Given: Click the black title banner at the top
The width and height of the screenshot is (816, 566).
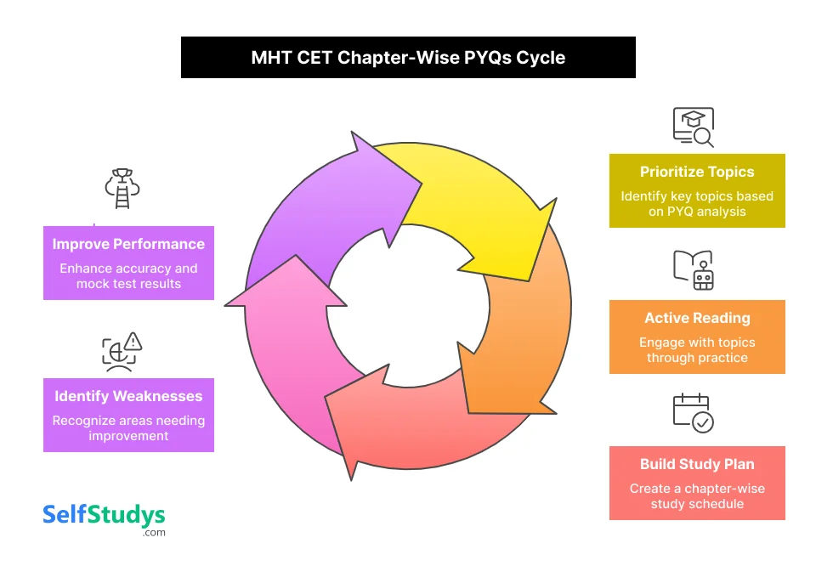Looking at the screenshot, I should tap(408, 58).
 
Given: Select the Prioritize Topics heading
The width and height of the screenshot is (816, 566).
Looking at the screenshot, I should tap(697, 172).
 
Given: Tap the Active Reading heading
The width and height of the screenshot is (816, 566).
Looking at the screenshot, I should tap(697, 318).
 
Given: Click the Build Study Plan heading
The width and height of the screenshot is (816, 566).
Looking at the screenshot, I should tap(697, 464).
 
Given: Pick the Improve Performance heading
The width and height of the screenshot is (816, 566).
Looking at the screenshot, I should tap(128, 244).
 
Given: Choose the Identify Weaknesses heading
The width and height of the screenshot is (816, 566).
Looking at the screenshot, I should tap(128, 396).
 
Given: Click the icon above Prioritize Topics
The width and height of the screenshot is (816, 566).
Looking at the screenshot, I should tap(694, 127).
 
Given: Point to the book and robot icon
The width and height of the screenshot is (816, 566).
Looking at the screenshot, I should tap(694, 269).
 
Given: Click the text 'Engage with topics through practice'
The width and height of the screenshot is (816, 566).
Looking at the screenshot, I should tap(697, 350).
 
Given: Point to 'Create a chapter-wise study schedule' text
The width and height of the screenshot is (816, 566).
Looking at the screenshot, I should tap(697, 496).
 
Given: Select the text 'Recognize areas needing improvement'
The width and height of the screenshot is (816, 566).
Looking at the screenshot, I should tap(128, 428).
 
